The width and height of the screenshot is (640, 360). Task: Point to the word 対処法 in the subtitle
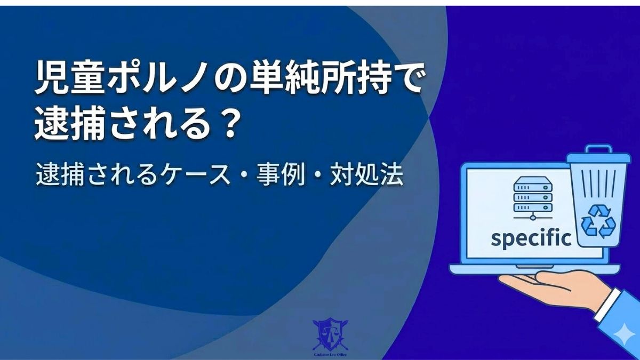pos(373,177)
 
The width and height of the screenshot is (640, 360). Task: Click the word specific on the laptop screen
pos(531,238)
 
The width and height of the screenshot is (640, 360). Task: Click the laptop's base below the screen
pos(533,269)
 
